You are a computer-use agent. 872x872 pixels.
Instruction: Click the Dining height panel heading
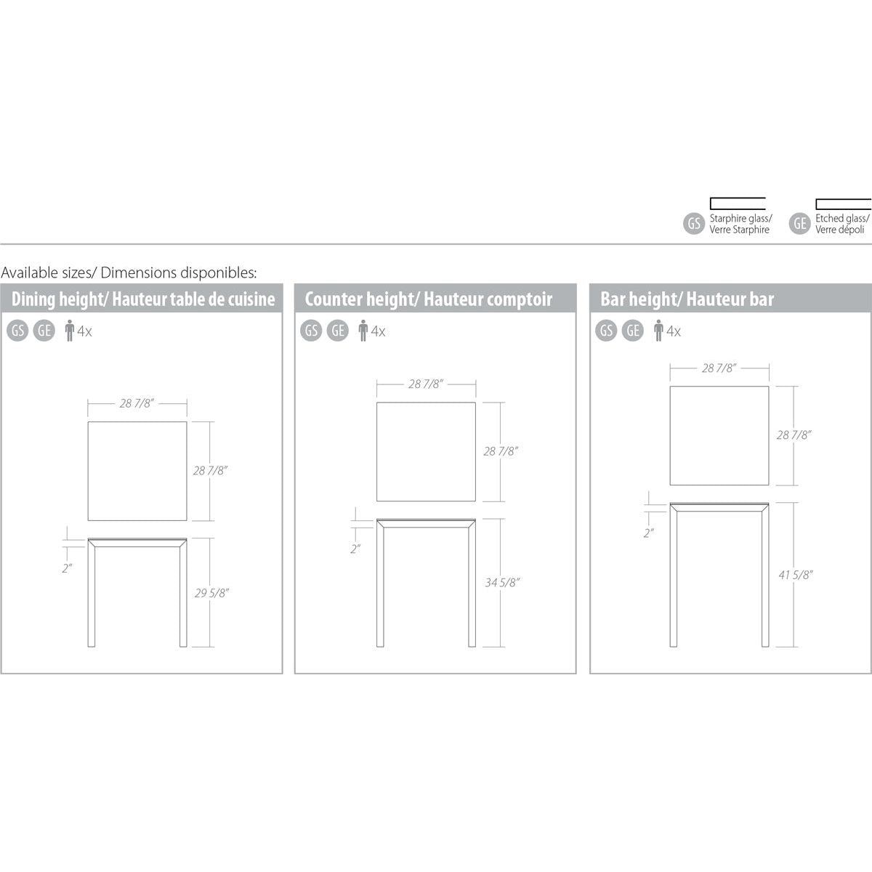click(x=143, y=299)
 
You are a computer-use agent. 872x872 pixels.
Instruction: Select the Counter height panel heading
click(x=428, y=299)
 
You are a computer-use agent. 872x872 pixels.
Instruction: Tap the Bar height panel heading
click(x=687, y=299)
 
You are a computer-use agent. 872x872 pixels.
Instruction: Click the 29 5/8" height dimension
click(x=212, y=593)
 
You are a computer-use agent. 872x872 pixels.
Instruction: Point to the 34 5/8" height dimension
click(x=503, y=582)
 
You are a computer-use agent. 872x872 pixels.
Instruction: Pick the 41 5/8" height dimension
click(x=796, y=575)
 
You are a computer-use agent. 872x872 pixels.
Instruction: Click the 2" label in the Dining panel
click(x=68, y=568)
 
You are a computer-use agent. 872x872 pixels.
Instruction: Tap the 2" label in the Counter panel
click(x=355, y=549)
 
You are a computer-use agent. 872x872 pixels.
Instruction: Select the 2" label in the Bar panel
click(x=649, y=533)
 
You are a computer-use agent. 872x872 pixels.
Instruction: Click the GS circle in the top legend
click(x=694, y=224)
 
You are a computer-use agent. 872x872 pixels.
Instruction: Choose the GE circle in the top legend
click(x=800, y=224)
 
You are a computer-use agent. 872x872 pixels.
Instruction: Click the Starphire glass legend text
click(x=740, y=224)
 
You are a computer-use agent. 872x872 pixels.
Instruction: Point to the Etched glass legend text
click(x=842, y=224)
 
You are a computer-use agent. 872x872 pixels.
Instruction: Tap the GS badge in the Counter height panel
click(x=312, y=331)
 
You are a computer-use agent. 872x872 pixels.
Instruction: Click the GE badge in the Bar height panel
click(x=634, y=331)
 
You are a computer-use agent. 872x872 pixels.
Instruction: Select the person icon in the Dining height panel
click(x=70, y=332)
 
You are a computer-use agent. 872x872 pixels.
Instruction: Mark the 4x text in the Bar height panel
click(x=674, y=332)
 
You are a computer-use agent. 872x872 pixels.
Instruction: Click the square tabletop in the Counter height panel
click(x=426, y=452)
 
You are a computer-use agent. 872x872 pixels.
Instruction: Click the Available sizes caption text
click(x=129, y=272)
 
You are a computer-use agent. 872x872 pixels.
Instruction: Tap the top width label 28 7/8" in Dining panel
click(x=137, y=403)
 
